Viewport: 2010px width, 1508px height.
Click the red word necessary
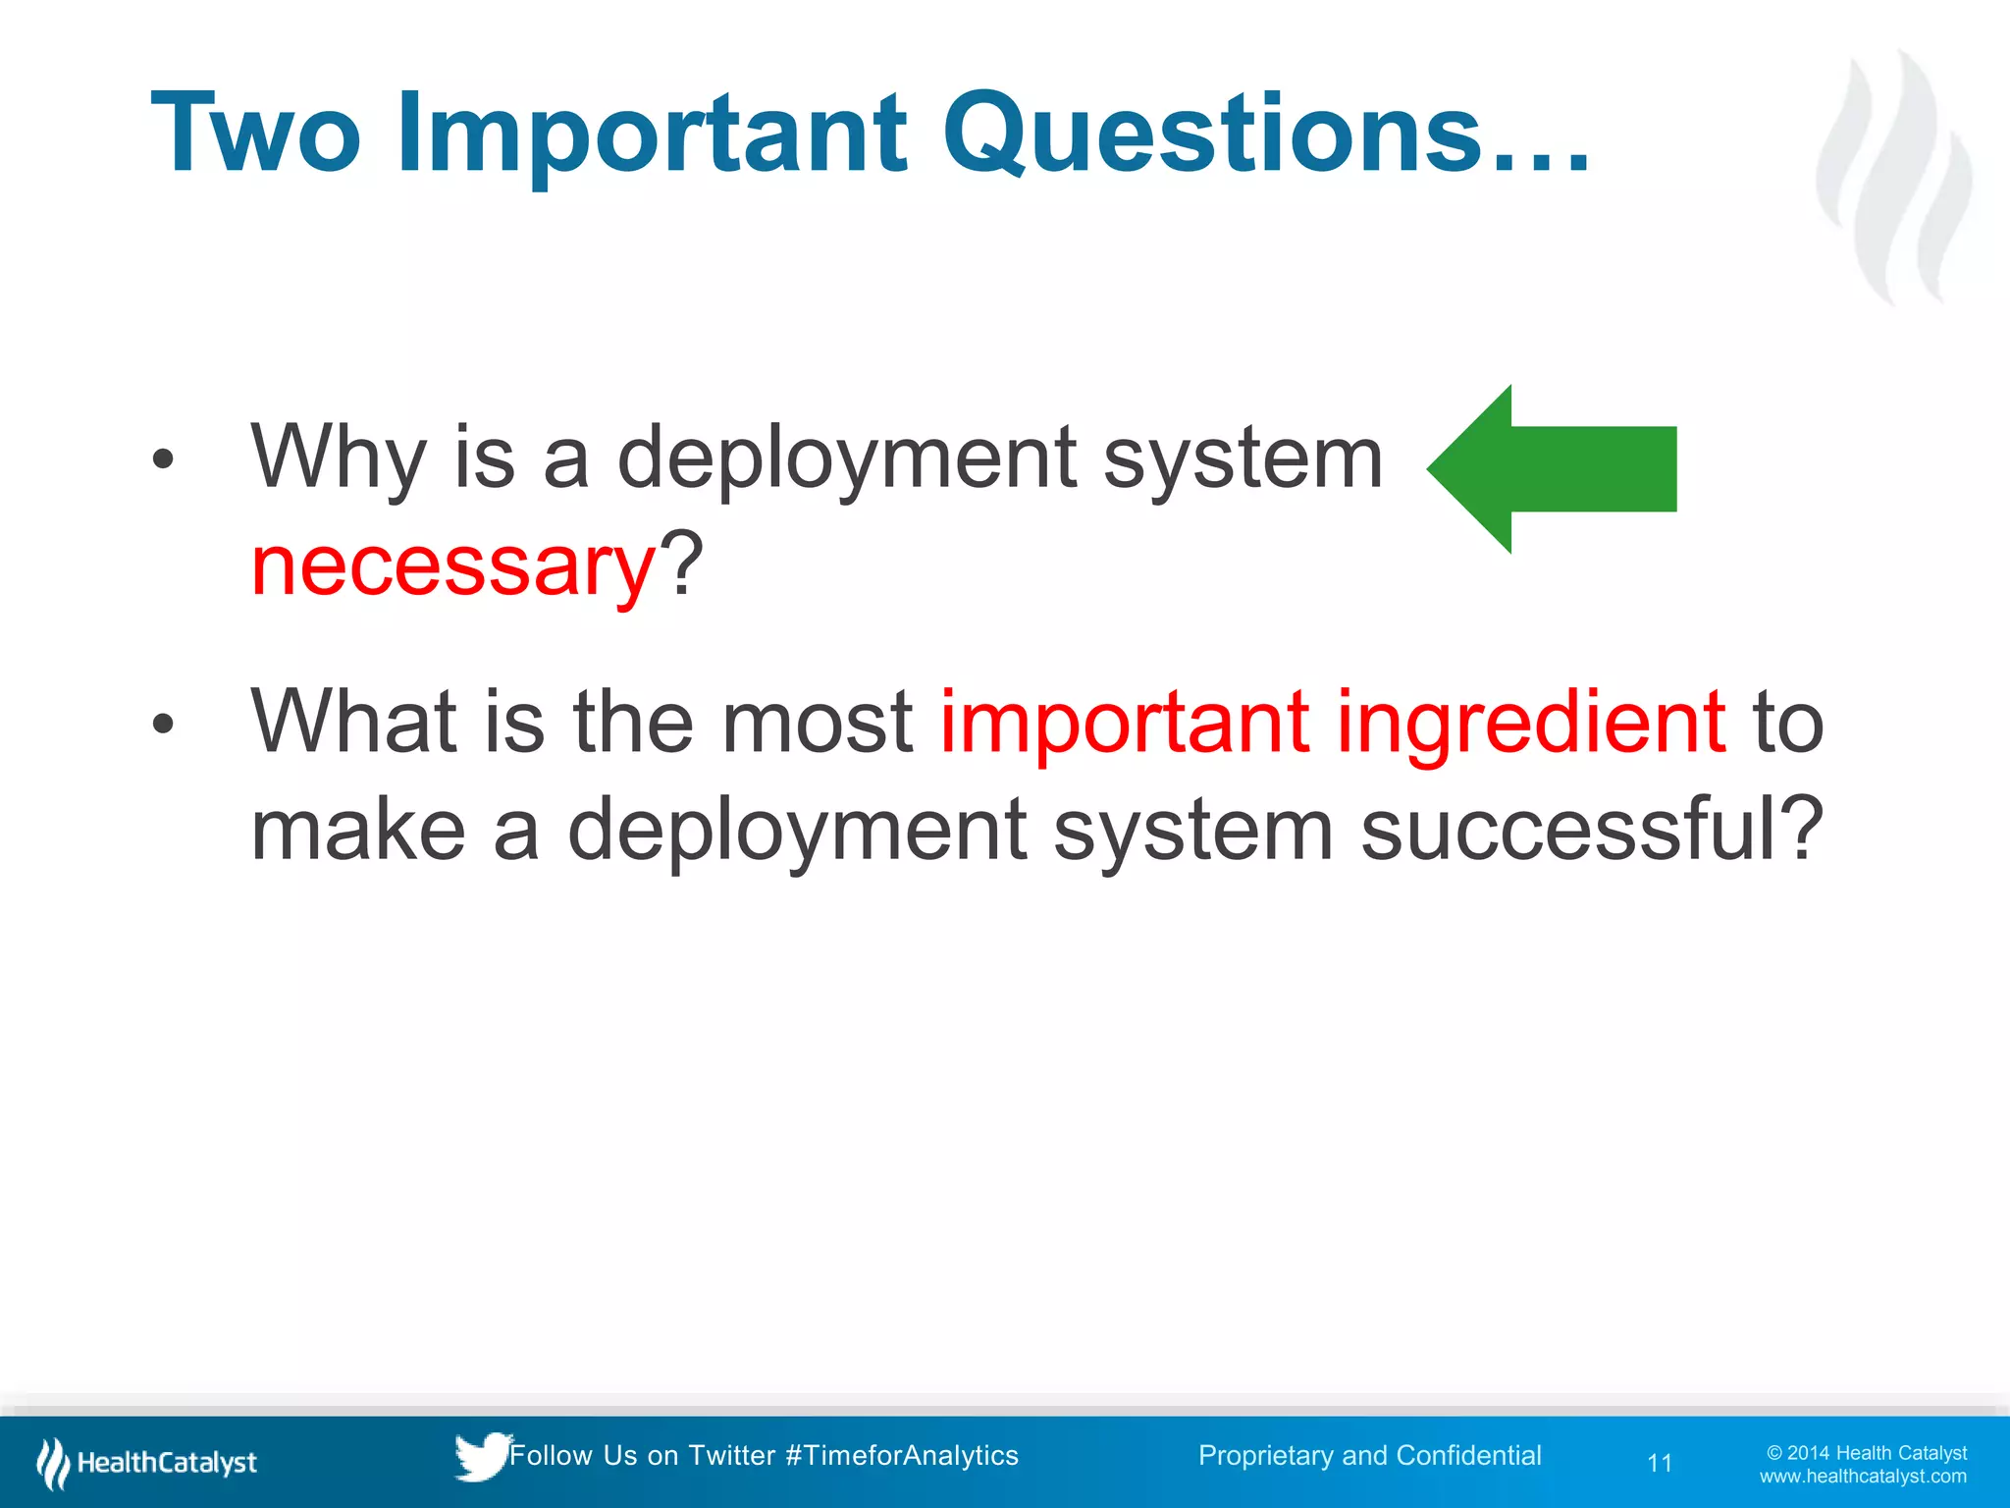click(452, 566)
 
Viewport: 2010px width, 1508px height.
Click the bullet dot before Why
click(163, 458)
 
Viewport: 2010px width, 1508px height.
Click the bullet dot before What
click(163, 725)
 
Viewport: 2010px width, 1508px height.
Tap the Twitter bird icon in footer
click(480, 1456)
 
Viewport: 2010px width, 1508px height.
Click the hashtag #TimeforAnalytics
click(902, 1455)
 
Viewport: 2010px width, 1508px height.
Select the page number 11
click(1660, 1463)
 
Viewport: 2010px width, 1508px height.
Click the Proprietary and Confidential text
click(1369, 1455)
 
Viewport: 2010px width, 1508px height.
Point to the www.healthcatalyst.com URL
click(1862, 1477)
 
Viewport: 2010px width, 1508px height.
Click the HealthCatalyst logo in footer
click(147, 1463)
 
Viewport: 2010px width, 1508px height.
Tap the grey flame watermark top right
click(1894, 177)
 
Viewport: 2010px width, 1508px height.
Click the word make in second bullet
click(357, 830)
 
